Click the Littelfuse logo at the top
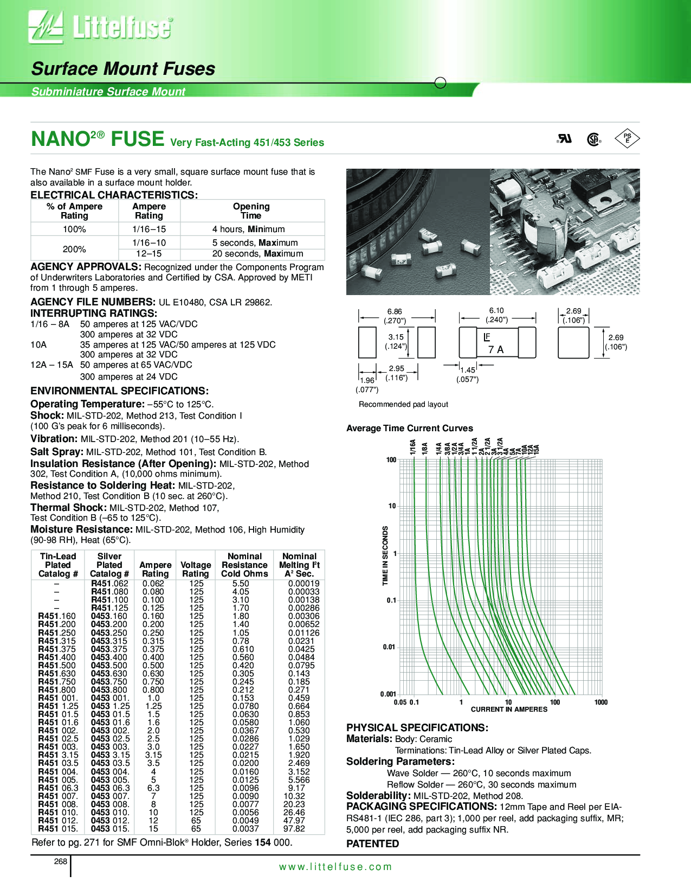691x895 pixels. pos(101,27)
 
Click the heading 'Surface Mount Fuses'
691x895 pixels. pos(123,69)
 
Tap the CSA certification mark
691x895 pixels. pos(594,139)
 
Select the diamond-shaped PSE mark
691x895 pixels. pos(627,139)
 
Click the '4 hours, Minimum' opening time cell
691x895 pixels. pos(248,229)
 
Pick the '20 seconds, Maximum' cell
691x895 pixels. pos(257,254)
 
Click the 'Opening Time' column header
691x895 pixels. pos(251,211)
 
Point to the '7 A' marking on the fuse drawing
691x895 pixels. pos(496,350)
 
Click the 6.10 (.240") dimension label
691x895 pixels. pos(496,315)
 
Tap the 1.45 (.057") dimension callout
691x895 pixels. pos(467,374)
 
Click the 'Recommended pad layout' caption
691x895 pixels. pos(403,404)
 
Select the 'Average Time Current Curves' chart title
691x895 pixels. pos(409,429)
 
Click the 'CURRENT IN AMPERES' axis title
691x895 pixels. pos(509,709)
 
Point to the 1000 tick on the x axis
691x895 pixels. pos(600,702)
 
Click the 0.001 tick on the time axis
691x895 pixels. pos(388,694)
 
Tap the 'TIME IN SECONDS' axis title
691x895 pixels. pos(385,555)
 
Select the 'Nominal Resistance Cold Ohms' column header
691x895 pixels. pos(244,565)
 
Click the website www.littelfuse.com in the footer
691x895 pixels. pos(335,867)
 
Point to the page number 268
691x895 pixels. pos(61,861)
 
